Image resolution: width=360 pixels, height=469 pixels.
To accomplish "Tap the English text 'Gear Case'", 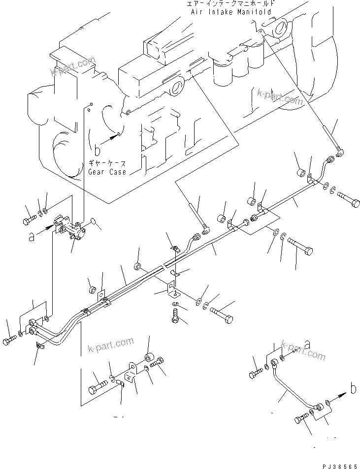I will pyautogui.click(x=107, y=172).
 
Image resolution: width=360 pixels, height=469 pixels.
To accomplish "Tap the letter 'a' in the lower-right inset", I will pyautogui.click(x=307, y=344).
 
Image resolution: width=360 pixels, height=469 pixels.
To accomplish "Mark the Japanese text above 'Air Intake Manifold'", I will pyautogui.click(x=231, y=4).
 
